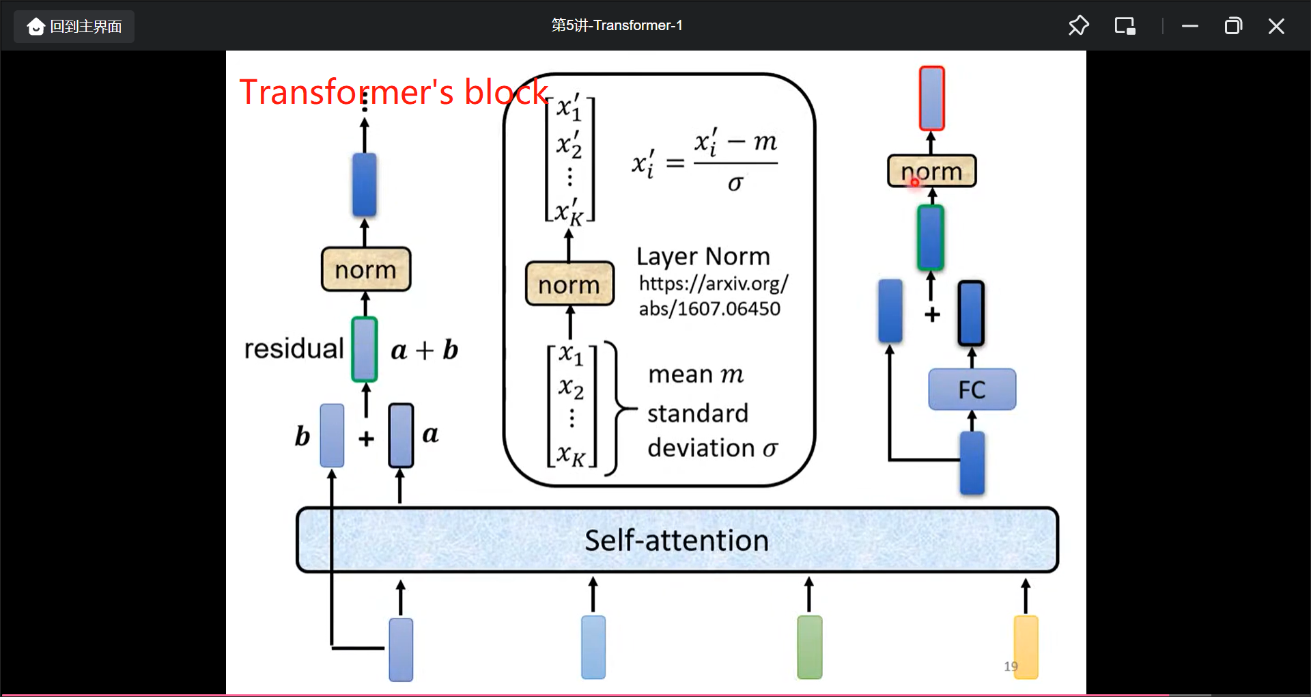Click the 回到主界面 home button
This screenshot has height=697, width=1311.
[74, 27]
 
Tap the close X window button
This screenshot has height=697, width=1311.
[1275, 27]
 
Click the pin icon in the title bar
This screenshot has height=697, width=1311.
[1078, 26]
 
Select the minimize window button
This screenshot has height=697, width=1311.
[1190, 27]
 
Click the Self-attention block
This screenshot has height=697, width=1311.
[677, 540]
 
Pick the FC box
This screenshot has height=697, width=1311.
[972, 389]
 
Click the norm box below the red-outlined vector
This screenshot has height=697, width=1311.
[931, 171]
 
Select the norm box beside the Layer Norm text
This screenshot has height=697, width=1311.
[569, 284]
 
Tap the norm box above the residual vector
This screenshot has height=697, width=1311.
[365, 269]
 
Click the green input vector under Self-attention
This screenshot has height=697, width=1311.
[809, 646]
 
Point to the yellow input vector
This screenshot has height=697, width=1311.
[1025, 646]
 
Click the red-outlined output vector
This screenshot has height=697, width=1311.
[931, 98]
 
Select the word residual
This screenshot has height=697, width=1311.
[294, 348]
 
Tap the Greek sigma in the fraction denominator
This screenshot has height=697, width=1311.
[735, 183]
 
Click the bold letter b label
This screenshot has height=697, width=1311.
[302, 436]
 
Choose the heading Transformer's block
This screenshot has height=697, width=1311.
[393, 92]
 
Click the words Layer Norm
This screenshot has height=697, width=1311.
[703, 256]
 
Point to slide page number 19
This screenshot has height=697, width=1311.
[1011, 666]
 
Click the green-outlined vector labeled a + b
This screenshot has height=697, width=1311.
[364, 349]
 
